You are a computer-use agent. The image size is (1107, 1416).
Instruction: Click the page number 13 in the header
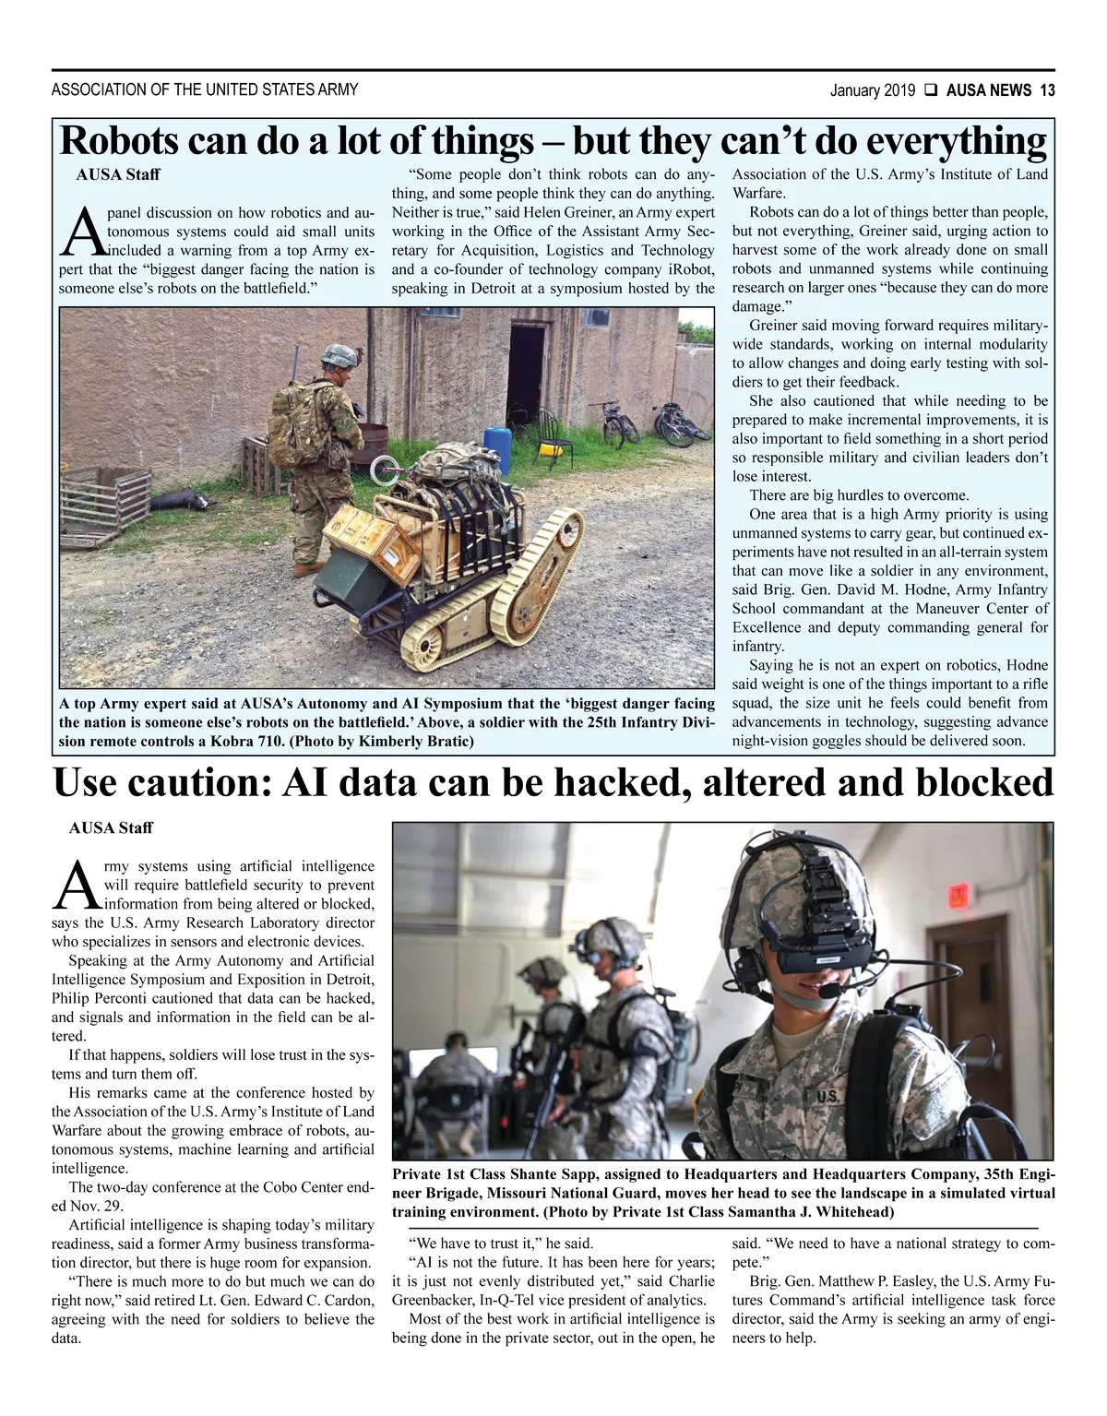click(x=1047, y=90)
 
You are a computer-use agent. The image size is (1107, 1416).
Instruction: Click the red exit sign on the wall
click(x=958, y=894)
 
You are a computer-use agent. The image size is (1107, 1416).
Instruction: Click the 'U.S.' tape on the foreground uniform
click(x=827, y=1097)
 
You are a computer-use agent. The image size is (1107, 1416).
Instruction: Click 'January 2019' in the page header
click(x=872, y=90)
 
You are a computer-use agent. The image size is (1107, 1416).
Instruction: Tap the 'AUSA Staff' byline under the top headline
click(x=117, y=174)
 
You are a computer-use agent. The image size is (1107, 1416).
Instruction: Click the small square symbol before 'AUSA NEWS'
click(x=931, y=90)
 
